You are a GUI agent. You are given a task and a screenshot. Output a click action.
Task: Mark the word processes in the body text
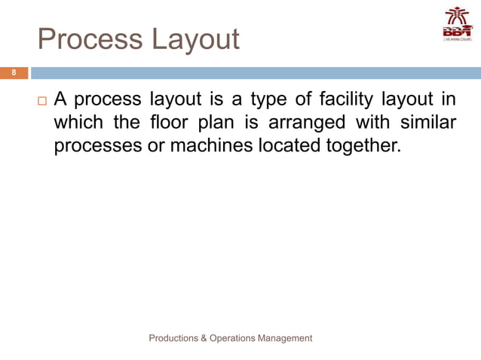[x=97, y=145]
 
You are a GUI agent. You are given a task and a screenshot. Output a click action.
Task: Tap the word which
[x=78, y=122]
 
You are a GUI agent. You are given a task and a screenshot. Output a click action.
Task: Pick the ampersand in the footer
[x=205, y=338]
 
